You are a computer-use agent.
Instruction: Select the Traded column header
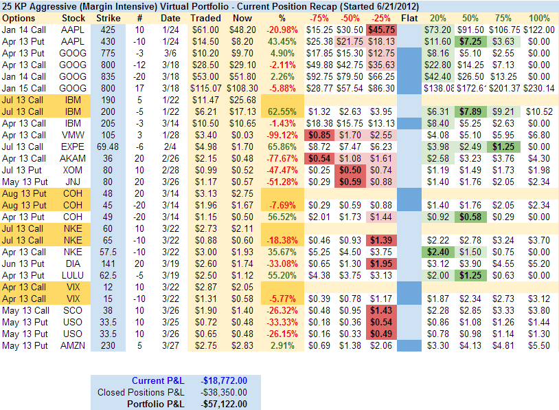point(205,17)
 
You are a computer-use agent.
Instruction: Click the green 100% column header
point(540,17)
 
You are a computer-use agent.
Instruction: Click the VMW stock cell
point(73,135)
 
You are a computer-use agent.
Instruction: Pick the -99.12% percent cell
point(282,135)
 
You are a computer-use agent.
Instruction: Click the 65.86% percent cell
point(282,147)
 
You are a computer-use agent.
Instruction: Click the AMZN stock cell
point(73,345)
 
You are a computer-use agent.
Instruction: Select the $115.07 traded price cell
point(205,88)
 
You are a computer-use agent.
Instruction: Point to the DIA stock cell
point(73,263)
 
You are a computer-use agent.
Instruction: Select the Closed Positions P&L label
point(141,392)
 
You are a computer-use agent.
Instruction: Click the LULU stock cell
point(73,275)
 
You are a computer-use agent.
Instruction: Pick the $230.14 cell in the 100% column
point(539,88)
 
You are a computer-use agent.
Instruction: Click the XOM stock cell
point(73,170)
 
